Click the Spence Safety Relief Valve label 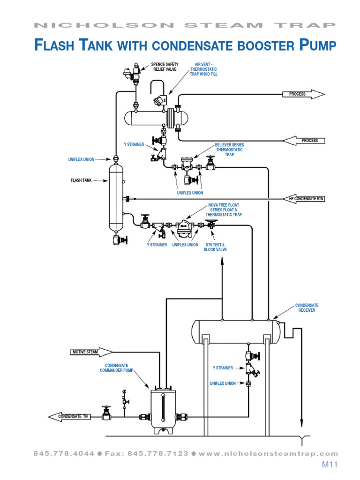click(x=165, y=67)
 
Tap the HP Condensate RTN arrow click(x=305, y=199)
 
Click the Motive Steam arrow click(x=91, y=352)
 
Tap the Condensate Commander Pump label click(x=116, y=368)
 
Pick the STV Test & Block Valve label click(x=215, y=247)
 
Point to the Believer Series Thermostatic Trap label click(x=229, y=150)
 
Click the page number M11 click(x=330, y=465)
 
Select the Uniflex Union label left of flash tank click(x=82, y=159)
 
